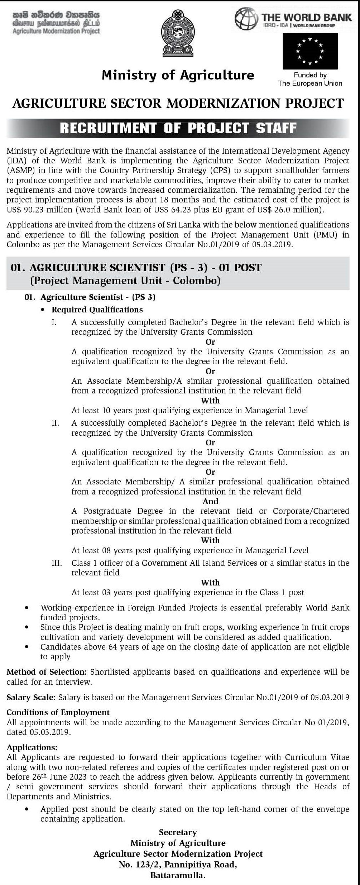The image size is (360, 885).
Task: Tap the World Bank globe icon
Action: click(246, 18)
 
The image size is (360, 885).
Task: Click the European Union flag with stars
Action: click(310, 51)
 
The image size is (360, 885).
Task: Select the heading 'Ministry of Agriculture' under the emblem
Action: click(178, 75)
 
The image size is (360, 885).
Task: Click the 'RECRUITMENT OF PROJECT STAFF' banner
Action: click(178, 128)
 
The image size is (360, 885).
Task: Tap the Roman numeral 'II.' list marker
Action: click(55, 423)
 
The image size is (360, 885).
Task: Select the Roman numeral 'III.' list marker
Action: click(57, 563)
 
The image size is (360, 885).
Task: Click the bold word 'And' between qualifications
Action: click(210, 501)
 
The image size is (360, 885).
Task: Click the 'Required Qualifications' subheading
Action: click(97, 310)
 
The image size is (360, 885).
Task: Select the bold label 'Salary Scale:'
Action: click(31, 697)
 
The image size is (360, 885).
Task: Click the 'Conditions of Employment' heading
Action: click(58, 712)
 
